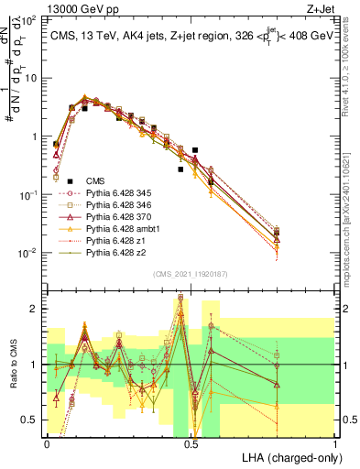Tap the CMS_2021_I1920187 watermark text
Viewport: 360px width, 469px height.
(x=191, y=274)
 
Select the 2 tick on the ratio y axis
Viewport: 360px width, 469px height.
(x=35, y=309)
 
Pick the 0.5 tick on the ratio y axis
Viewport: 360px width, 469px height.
(x=31, y=420)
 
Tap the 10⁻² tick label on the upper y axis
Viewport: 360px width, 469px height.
(x=27, y=253)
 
